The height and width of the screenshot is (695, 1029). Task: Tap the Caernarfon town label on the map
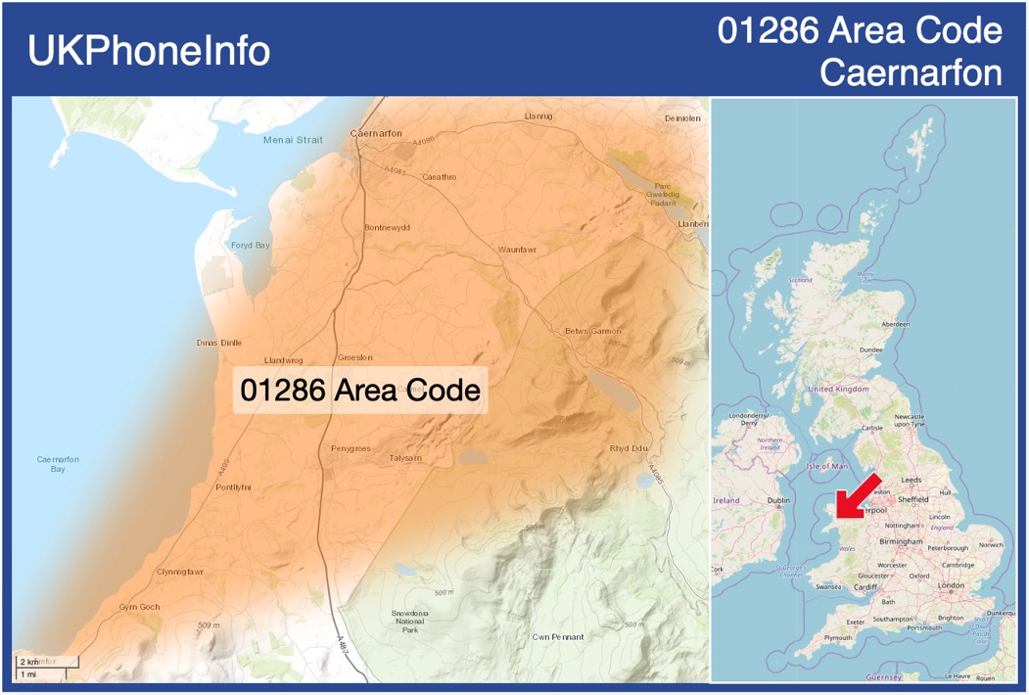376,133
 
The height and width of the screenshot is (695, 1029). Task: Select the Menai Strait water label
293,140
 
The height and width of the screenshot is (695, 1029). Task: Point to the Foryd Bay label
250,245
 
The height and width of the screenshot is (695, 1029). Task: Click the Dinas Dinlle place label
218,343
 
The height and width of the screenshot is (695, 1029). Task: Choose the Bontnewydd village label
387,227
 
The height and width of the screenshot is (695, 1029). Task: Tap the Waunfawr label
517,250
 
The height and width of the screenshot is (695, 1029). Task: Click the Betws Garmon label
592,331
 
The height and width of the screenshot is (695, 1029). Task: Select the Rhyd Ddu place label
629,448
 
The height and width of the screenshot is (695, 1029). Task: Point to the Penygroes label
351,448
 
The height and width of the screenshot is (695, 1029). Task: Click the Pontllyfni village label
233,486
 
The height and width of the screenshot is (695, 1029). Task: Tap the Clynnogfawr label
180,572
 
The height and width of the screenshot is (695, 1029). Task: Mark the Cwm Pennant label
557,637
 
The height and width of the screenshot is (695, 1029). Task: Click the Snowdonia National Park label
410,621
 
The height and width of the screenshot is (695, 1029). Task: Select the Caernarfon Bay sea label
58,464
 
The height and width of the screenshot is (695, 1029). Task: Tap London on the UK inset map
951,585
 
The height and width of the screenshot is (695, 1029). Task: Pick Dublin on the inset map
778,500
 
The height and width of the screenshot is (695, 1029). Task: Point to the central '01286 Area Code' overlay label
360,390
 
